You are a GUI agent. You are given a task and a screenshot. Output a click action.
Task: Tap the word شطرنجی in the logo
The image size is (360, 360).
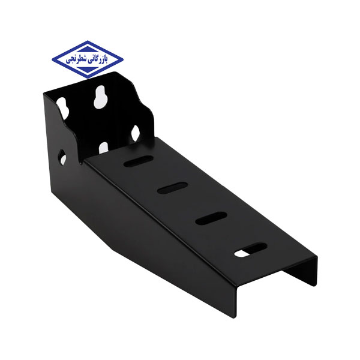[x=76, y=59]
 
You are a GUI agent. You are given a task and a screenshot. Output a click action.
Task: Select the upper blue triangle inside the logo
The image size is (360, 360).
[x=87, y=50]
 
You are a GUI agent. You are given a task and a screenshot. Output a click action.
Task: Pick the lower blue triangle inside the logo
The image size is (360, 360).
[x=87, y=70]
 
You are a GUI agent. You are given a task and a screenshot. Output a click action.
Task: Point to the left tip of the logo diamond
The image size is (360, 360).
[x=52, y=59]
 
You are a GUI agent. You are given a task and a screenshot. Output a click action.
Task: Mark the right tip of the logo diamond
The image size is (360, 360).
[x=123, y=59]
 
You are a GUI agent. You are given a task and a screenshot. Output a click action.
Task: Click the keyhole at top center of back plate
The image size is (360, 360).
[x=100, y=97]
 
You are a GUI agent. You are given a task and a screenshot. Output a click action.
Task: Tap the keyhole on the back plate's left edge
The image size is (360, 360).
[x=62, y=108]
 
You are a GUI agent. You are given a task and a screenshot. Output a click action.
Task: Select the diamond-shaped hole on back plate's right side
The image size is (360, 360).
[x=135, y=133]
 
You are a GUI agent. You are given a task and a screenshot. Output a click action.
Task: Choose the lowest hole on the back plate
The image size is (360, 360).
[x=103, y=148]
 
